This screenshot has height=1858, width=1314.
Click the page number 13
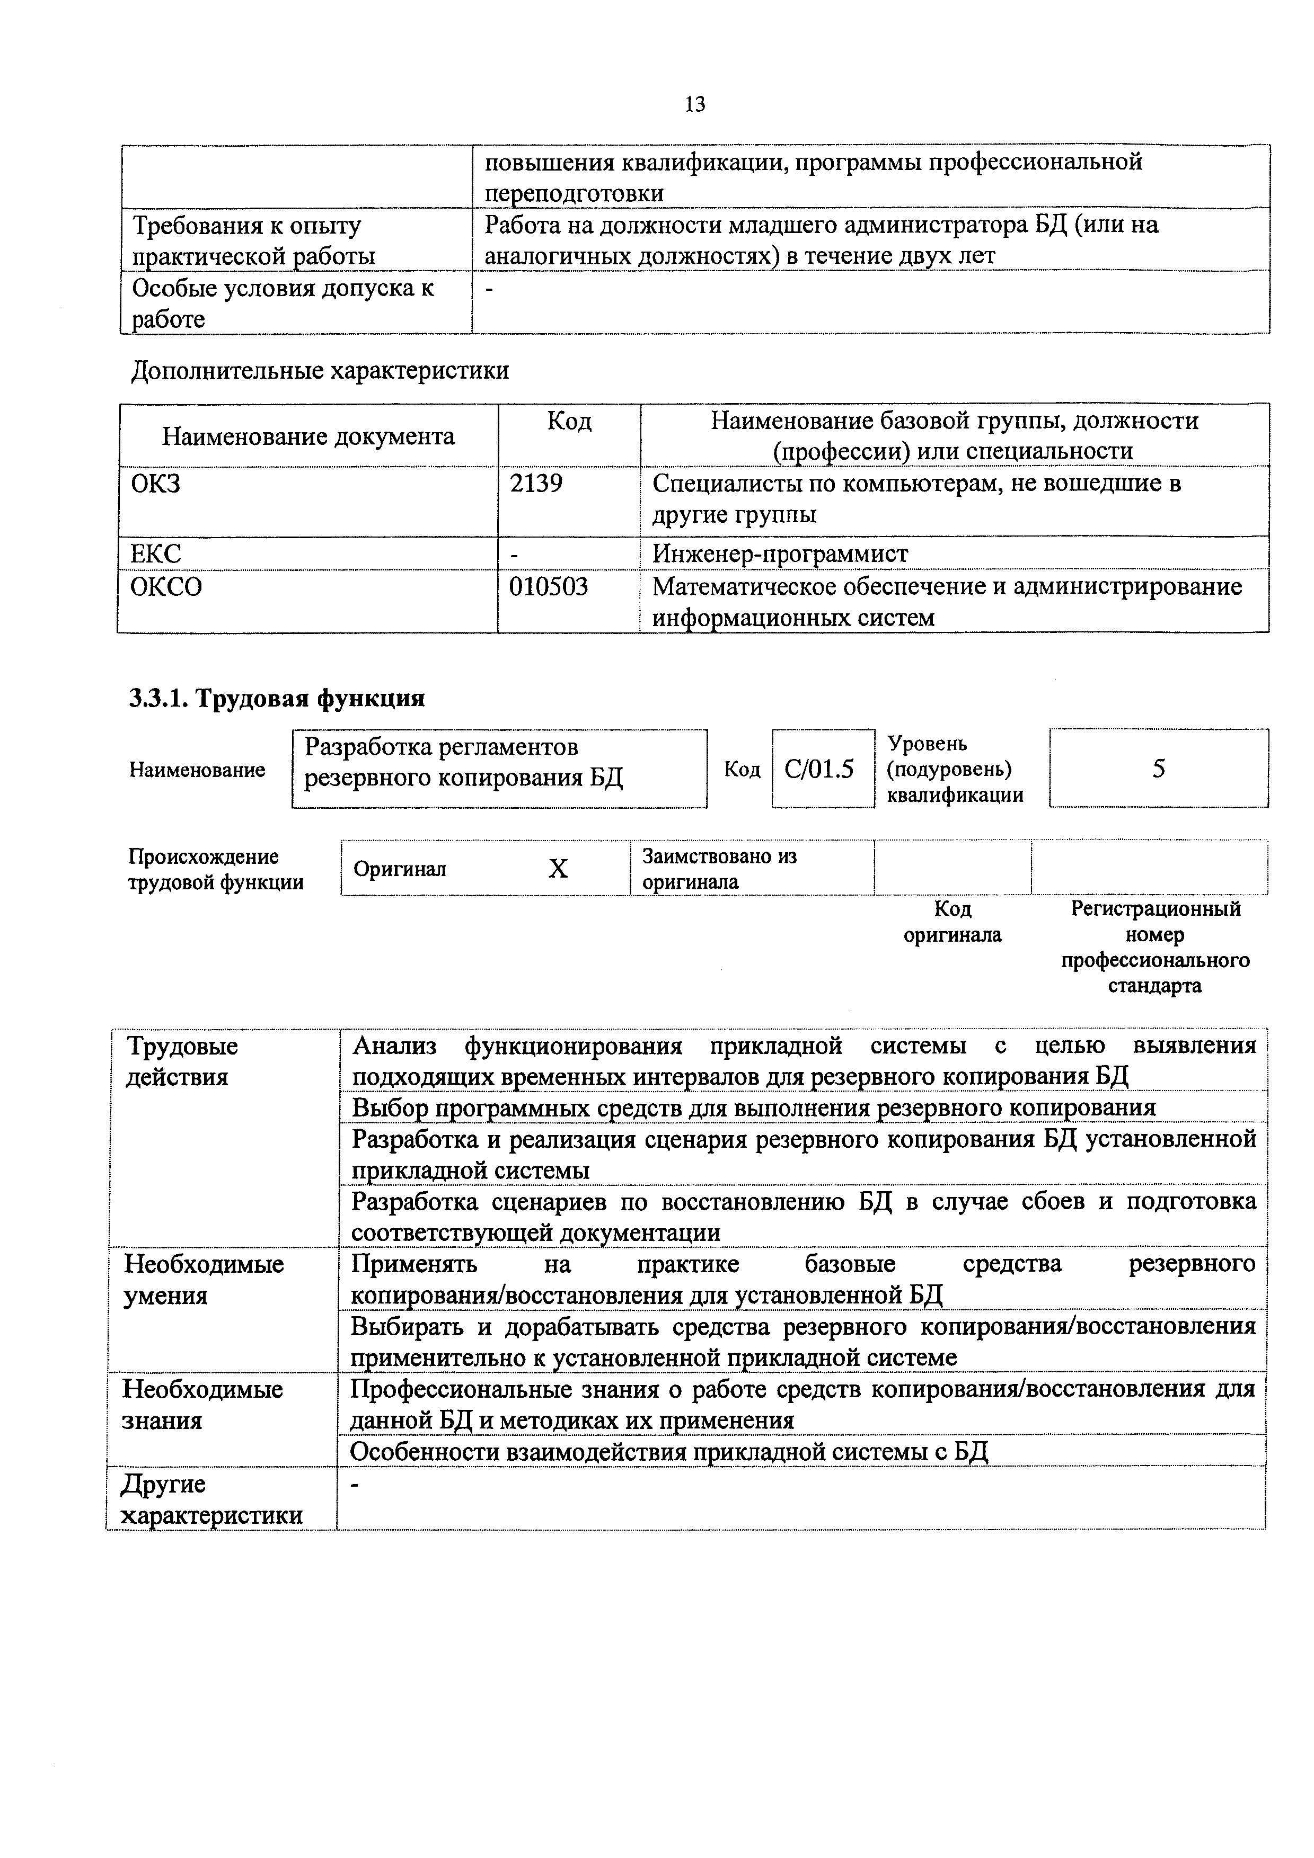click(x=695, y=104)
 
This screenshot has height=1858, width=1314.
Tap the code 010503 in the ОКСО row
click(x=548, y=586)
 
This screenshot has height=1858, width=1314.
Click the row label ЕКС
click(x=156, y=553)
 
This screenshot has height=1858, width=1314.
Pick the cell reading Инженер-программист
click(x=780, y=553)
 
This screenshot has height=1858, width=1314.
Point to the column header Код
click(x=569, y=421)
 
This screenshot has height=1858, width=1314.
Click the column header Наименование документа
click(x=308, y=437)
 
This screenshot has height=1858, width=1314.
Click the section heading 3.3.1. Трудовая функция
click(x=277, y=698)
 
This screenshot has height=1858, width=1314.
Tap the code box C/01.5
click(x=819, y=769)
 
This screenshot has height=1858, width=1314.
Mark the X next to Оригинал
click(x=558, y=869)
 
